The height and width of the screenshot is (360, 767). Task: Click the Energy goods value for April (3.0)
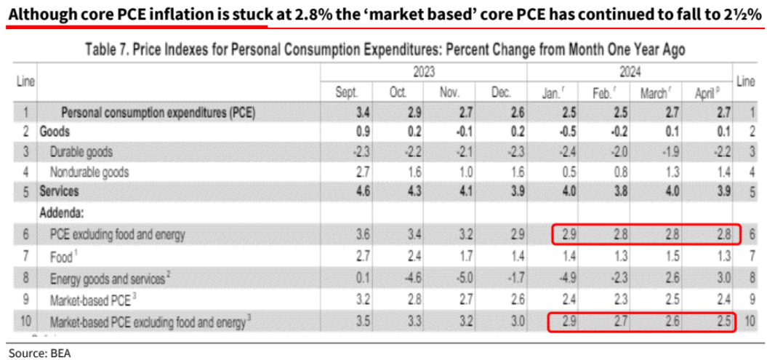[705, 277]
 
